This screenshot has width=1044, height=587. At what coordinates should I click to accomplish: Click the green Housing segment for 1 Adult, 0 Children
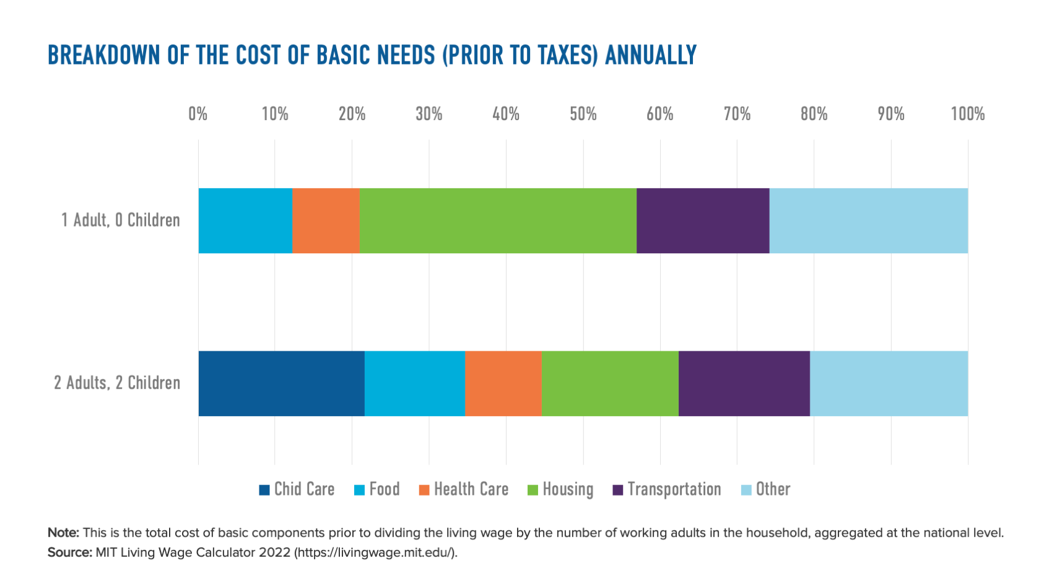[498, 220]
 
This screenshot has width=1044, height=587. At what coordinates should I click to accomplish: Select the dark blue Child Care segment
[281, 383]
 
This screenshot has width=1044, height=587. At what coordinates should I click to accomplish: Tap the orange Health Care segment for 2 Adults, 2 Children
[503, 383]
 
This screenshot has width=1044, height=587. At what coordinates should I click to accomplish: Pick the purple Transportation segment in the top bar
[703, 220]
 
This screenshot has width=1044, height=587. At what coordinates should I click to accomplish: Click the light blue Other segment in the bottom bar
[889, 383]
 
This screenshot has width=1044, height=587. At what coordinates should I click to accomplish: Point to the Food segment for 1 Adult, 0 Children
[245, 220]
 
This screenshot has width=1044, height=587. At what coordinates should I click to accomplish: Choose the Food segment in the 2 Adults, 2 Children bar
[414, 383]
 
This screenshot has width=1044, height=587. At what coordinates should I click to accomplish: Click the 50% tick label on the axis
[583, 114]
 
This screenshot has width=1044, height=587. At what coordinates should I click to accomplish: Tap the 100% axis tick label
[967, 114]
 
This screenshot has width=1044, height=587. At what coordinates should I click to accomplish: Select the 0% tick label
[198, 114]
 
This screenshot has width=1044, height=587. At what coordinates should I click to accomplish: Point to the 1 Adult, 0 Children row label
[120, 220]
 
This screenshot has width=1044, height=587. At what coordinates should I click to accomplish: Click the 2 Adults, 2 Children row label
[117, 383]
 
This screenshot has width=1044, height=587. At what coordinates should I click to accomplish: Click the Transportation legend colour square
[617, 490]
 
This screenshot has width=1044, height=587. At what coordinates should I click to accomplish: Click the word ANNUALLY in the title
[650, 55]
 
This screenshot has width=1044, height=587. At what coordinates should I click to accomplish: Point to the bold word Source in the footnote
[69, 552]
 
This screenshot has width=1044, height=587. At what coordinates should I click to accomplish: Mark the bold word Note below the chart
[63, 533]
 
